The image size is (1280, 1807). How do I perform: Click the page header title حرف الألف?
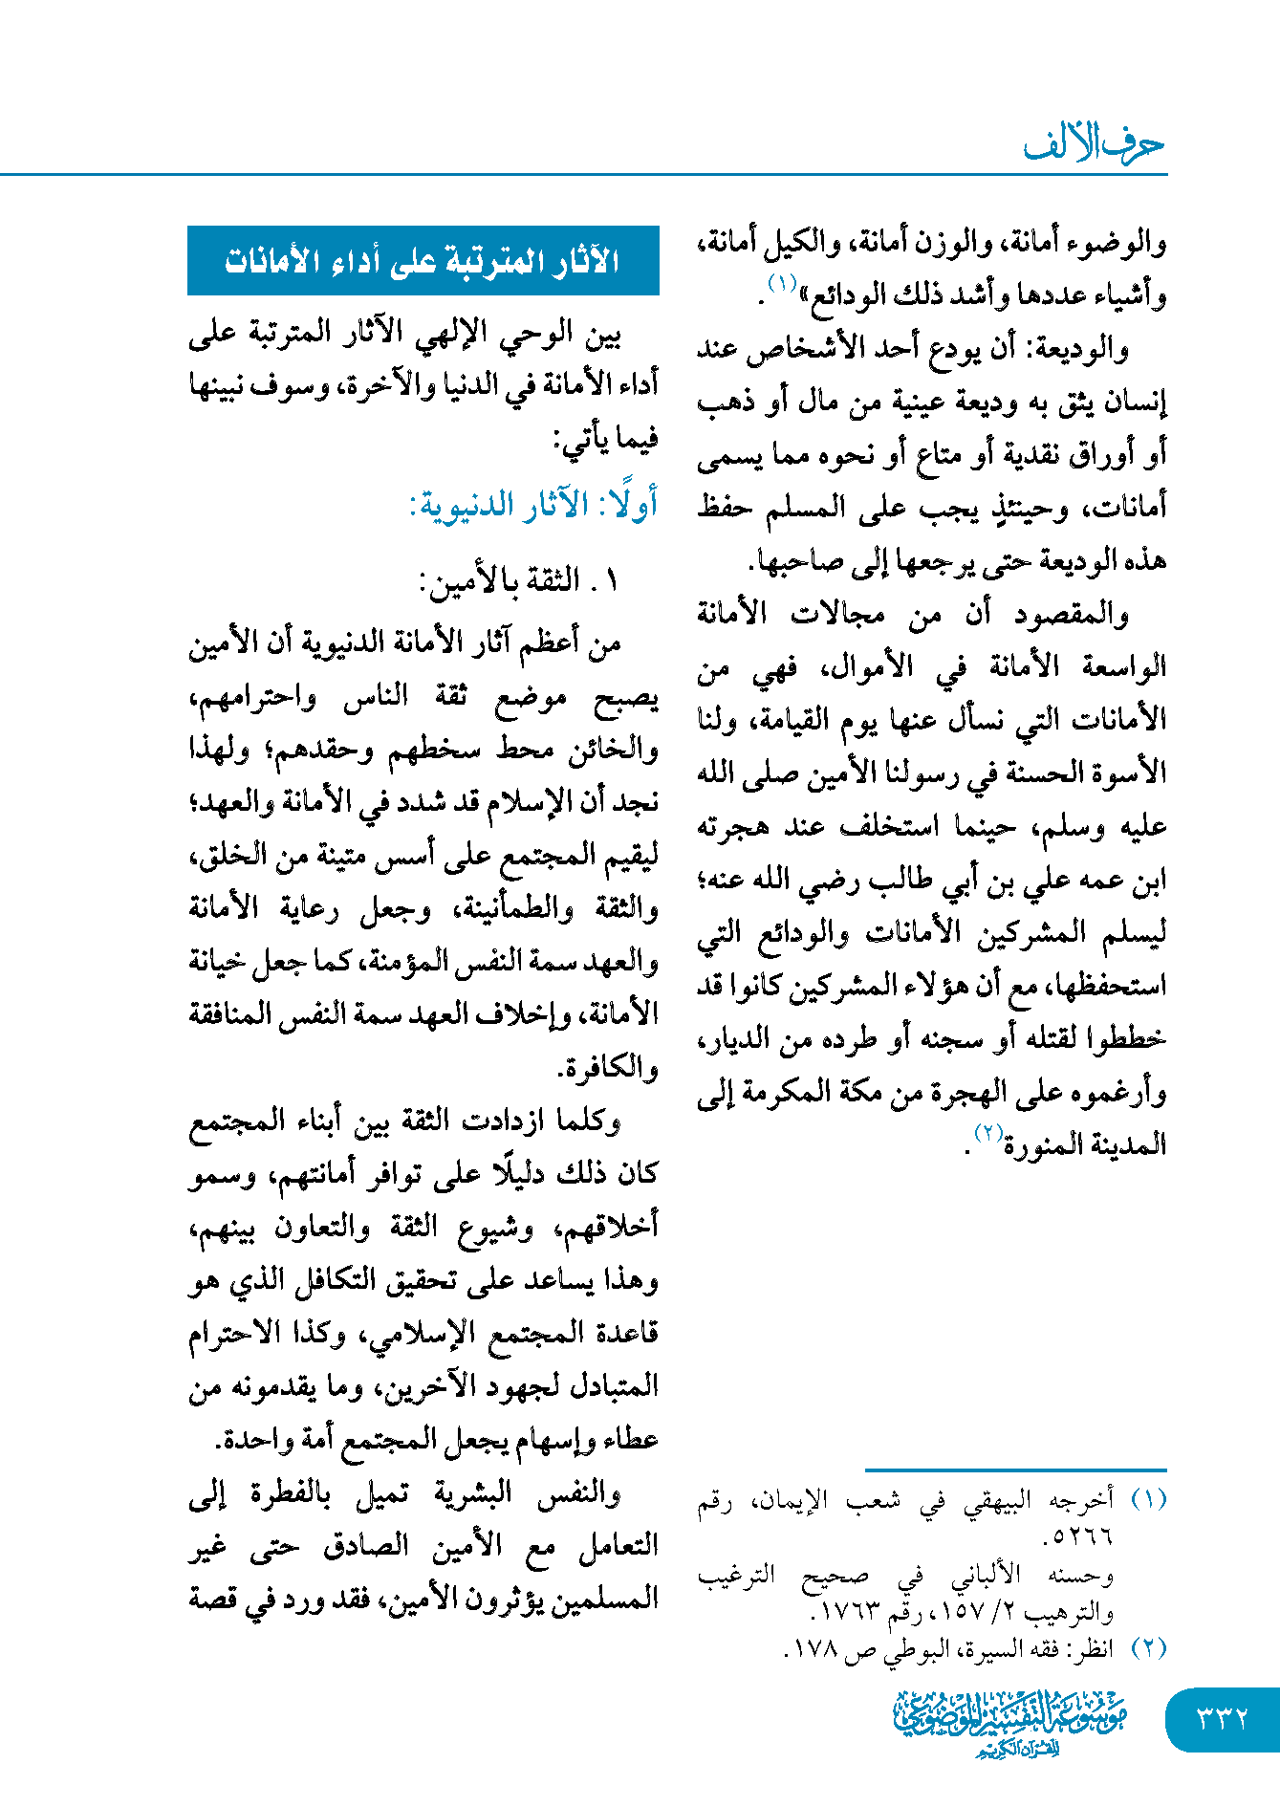point(1094,144)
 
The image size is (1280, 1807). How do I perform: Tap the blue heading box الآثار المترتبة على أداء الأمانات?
point(423,261)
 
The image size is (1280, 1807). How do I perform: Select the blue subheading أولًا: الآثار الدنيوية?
point(533,505)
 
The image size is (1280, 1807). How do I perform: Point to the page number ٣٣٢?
point(1223,1718)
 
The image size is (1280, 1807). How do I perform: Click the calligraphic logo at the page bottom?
point(1009,1722)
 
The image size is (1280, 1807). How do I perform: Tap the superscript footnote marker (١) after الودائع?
point(781,283)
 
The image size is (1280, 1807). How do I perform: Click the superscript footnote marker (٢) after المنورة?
point(987,1133)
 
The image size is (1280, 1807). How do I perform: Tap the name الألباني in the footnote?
point(986,1574)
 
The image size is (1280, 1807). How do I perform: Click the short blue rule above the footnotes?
point(1015,1470)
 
